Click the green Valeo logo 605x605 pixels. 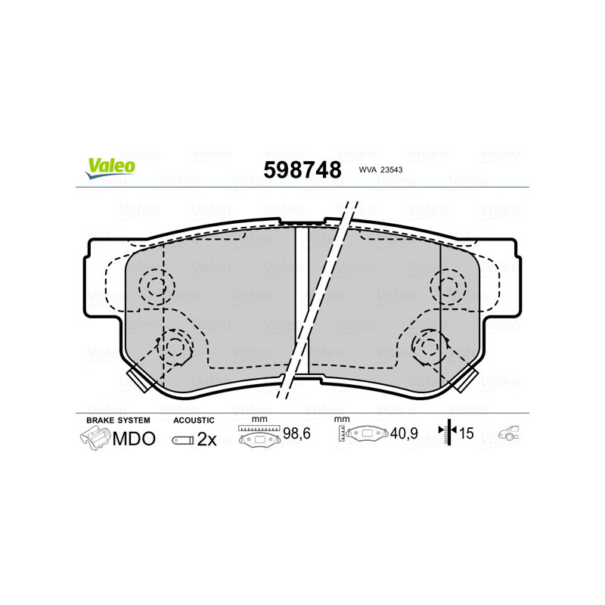pos(110,169)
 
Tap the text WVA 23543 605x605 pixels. pos(380,171)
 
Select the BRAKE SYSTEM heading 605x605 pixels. pos(118,420)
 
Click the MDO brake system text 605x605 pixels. pos(134,439)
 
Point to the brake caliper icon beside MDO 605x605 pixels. pos(95,439)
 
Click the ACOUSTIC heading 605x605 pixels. pos(194,420)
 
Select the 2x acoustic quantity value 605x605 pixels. pos(206,439)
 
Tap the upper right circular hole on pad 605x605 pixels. pos(446,286)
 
